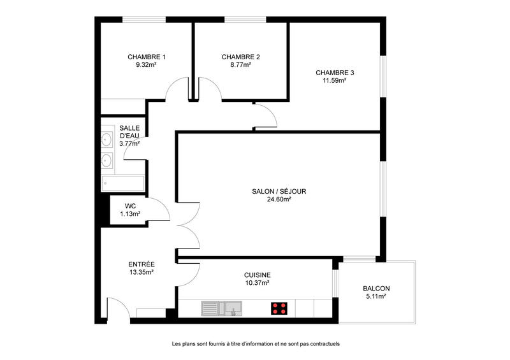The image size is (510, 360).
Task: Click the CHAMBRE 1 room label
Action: [142, 57]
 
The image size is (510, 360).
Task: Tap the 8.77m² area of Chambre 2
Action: [240, 64]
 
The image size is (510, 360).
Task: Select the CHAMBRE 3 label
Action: [335, 73]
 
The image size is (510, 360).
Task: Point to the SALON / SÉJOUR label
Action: [279, 191]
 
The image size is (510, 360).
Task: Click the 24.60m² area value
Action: [279, 199]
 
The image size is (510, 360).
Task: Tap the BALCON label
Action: [376, 288]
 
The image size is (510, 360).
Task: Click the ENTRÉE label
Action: [142, 264]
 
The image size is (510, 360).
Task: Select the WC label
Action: [130, 206]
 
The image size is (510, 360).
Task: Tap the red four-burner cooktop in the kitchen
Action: [279, 309]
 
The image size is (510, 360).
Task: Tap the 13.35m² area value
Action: [142, 271]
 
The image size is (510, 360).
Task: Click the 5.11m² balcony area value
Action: [376, 296]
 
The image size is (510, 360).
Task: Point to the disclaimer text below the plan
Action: [255, 343]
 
